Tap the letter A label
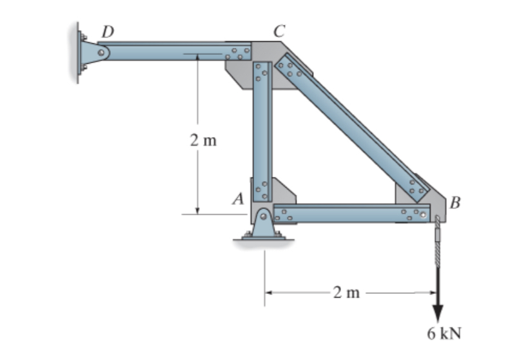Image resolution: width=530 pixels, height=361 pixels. coord(238,200)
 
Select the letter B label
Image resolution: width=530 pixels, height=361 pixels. coord(455,204)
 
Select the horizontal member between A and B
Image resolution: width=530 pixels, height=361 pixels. coord(348,213)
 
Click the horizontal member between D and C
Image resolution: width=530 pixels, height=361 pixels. coord(168,51)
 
